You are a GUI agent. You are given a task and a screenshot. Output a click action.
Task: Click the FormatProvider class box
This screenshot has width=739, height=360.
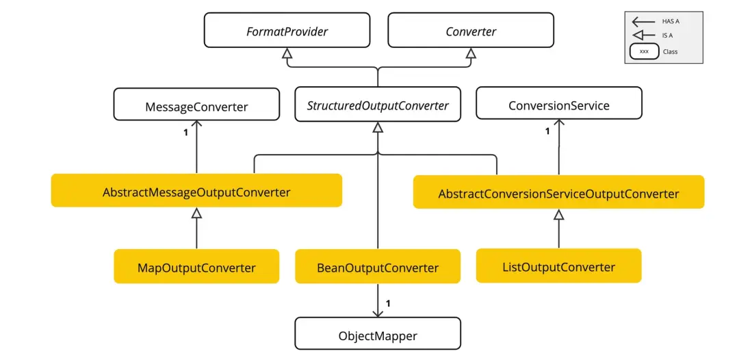click(287, 31)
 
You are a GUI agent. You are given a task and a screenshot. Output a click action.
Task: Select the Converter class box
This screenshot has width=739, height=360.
click(470, 31)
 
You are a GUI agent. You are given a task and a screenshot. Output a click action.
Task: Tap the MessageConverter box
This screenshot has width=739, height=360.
click(196, 107)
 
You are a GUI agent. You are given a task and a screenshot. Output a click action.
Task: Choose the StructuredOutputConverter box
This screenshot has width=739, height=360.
click(378, 105)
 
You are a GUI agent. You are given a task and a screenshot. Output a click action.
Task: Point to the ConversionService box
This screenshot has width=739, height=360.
click(558, 105)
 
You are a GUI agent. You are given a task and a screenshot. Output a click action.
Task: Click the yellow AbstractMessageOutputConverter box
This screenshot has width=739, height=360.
click(196, 192)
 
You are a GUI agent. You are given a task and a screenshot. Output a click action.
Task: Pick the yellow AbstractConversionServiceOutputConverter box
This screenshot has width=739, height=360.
click(558, 194)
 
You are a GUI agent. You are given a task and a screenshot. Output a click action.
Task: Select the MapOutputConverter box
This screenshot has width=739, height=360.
click(196, 267)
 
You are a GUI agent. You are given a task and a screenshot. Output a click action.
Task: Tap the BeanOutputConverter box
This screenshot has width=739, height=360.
click(378, 268)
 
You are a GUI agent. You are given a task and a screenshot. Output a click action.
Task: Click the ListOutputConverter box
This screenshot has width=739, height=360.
click(558, 267)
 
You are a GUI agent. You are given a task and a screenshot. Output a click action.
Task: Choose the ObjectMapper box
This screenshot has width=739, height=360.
click(378, 335)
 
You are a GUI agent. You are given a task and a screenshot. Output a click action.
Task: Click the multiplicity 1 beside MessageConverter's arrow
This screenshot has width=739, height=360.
click(185, 133)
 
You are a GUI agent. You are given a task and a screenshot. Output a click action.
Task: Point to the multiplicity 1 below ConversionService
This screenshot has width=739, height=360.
click(547, 131)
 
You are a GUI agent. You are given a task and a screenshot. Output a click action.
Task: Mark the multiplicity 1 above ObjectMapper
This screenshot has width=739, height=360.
click(388, 303)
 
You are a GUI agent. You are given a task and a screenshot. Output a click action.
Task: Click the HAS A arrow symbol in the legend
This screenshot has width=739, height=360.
click(644, 22)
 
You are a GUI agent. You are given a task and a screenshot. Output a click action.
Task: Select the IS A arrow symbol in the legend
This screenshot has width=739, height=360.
click(644, 36)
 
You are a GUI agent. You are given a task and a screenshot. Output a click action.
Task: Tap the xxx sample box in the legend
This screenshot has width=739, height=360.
click(644, 51)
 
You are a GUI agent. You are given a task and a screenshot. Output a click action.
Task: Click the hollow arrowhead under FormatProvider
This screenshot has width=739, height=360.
click(287, 53)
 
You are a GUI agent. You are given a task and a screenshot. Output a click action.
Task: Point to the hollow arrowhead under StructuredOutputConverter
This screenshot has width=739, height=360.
click(378, 127)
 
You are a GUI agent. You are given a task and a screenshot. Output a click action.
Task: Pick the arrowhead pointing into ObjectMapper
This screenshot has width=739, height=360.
click(378, 313)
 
